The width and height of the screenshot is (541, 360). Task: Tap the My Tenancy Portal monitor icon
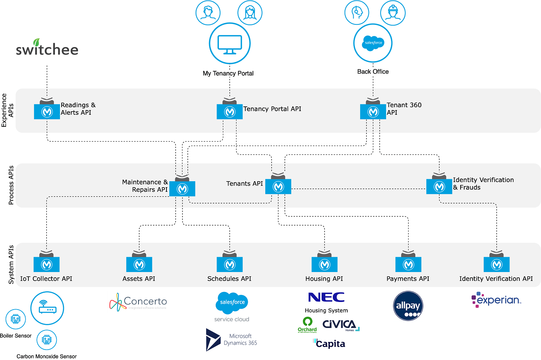tap(230, 44)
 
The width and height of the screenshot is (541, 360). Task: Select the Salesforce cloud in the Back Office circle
tap(373, 43)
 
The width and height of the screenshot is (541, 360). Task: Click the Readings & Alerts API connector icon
tap(47, 111)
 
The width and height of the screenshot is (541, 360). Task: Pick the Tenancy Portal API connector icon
tap(230, 112)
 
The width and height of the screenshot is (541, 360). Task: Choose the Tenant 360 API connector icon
tap(373, 112)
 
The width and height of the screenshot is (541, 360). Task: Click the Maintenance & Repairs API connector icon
tap(182, 188)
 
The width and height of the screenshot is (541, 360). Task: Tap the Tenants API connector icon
tap(278, 186)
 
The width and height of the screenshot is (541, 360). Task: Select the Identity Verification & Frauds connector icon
tap(439, 186)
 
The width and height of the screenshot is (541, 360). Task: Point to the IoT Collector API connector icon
tap(47, 264)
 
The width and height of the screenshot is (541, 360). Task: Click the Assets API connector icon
tap(139, 264)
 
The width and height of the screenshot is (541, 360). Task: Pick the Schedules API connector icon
tap(230, 264)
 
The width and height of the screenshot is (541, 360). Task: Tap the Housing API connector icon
tap(325, 264)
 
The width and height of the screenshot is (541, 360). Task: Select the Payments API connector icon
tap(408, 264)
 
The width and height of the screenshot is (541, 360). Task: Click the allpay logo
tap(408, 306)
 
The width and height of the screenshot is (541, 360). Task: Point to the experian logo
tap(496, 300)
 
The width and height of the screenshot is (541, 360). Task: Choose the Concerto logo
tap(138, 302)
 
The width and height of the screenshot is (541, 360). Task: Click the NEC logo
tap(326, 297)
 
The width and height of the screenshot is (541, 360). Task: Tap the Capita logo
tap(329, 344)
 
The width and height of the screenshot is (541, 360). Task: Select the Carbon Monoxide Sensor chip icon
tap(46, 340)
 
